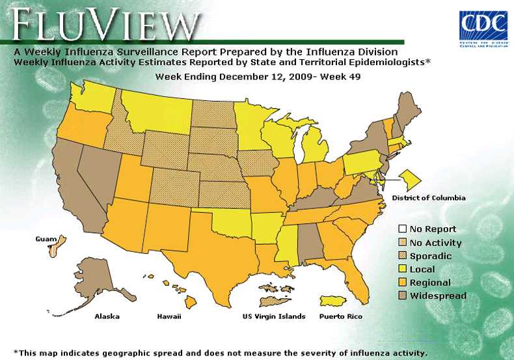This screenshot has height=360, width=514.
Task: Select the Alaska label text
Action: (x=107, y=316)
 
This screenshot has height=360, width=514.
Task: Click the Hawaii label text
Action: (x=169, y=316)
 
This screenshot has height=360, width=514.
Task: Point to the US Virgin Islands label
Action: (x=273, y=316)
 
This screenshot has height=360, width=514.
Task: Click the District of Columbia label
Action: (x=428, y=197)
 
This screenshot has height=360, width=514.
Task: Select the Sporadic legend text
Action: (x=430, y=256)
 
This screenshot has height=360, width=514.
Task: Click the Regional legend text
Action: (x=430, y=283)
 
